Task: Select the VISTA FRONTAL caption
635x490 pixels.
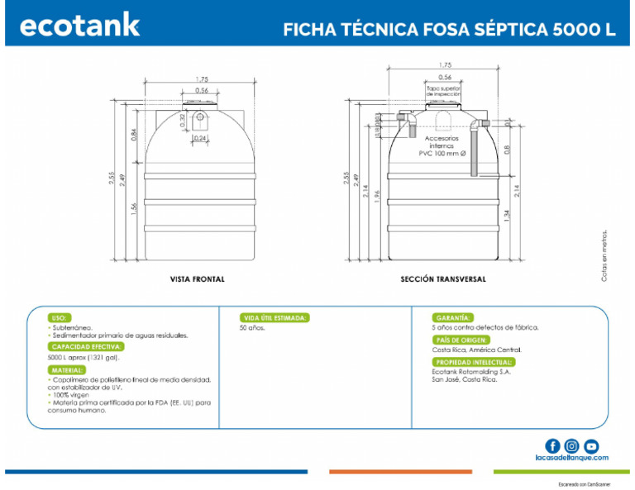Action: tap(197, 279)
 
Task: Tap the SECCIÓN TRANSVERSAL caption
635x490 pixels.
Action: tap(443, 279)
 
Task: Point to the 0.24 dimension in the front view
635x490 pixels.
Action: tap(201, 137)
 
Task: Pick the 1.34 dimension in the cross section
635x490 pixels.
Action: tap(507, 217)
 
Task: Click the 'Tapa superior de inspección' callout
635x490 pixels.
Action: tap(444, 90)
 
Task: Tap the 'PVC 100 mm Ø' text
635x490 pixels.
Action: tap(442, 153)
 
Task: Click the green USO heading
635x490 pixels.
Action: tap(60, 317)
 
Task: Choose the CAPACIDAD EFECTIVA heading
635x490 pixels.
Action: tap(87, 347)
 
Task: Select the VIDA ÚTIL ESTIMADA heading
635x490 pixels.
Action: tap(275, 317)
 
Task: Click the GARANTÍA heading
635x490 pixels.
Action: tap(453, 317)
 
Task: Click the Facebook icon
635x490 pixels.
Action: tap(552, 446)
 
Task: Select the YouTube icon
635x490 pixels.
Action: tap(591, 446)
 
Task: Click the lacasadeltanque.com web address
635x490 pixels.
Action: tap(571, 458)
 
